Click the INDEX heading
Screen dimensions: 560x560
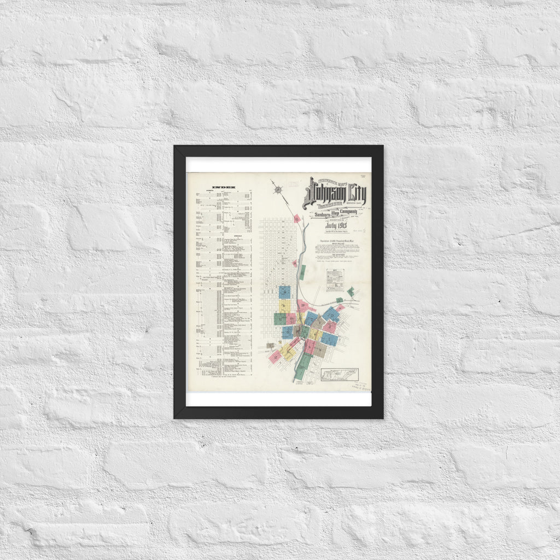point(224,187)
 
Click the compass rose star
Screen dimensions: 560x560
point(278,190)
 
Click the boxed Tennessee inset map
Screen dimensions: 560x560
point(340,375)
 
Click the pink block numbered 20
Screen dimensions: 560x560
point(302,306)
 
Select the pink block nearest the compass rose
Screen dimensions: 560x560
point(297,219)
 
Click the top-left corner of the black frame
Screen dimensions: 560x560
point(174,146)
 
